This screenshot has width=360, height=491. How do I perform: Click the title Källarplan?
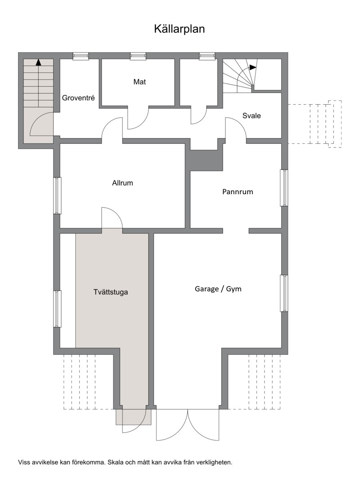tap(179, 29)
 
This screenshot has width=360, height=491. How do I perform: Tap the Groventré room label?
tap(78, 98)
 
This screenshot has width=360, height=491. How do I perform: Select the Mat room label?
tap(139, 82)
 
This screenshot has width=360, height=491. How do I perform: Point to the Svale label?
tap(251, 116)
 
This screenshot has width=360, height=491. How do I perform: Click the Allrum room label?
tap(122, 183)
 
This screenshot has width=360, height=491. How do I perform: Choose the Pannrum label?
tap(238, 192)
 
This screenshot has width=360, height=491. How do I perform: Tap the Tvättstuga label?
tap(111, 292)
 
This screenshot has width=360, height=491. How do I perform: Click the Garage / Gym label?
tap(218, 289)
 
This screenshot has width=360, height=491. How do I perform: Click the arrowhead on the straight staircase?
tap(38, 62)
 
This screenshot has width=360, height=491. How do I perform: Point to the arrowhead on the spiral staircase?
tap(253, 67)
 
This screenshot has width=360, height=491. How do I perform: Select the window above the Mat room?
tap(138, 56)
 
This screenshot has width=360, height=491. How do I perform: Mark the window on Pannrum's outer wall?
tap(284, 188)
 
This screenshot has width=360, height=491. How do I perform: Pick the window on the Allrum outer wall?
tap(57, 196)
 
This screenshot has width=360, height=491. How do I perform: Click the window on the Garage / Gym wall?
tap(284, 293)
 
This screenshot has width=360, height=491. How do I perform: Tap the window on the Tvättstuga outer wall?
tap(57, 309)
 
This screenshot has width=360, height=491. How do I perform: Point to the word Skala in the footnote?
tap(116, 462)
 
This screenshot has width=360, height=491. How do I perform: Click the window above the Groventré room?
tap(81, 56)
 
